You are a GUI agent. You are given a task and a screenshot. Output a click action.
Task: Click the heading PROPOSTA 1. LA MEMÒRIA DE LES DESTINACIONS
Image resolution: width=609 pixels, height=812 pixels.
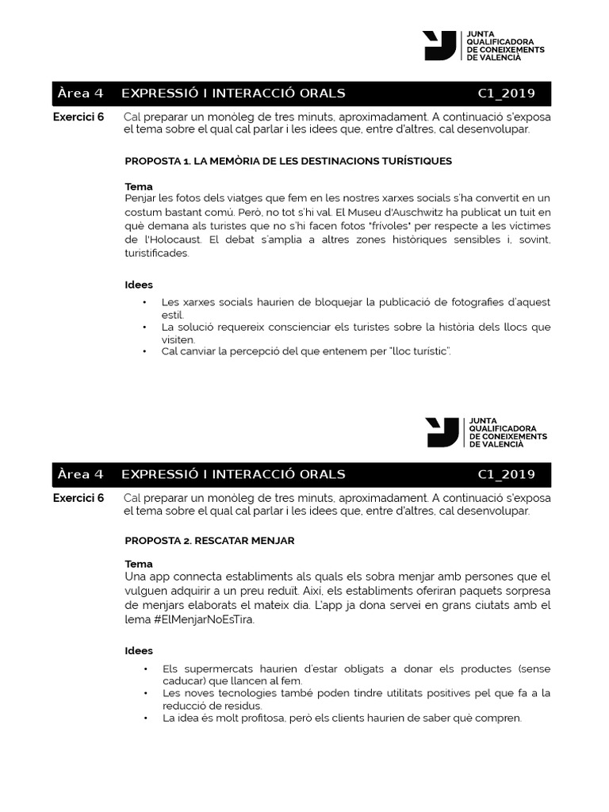[x=288, y=161]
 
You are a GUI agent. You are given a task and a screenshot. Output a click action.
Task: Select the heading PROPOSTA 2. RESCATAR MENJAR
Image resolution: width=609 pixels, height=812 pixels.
[x=209, y=540]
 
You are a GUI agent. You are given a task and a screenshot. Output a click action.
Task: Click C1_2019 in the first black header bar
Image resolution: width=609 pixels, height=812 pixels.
[x=506, y=94]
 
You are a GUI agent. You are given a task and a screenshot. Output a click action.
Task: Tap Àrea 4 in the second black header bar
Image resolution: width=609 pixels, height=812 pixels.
[x=80, y=474]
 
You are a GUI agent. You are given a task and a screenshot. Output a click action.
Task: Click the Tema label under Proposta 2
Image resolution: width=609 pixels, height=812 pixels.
[x=139, y=564]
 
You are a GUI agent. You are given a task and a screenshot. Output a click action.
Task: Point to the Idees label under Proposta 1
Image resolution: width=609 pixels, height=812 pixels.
[x=139, y=285]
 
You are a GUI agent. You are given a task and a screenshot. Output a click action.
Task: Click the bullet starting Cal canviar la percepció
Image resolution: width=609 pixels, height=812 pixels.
[x=305, y=350]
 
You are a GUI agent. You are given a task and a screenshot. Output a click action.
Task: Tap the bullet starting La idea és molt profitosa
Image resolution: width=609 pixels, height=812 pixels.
[x=342, y=718]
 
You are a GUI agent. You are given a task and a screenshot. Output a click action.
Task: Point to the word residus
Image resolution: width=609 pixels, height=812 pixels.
[x=241, y=705]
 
